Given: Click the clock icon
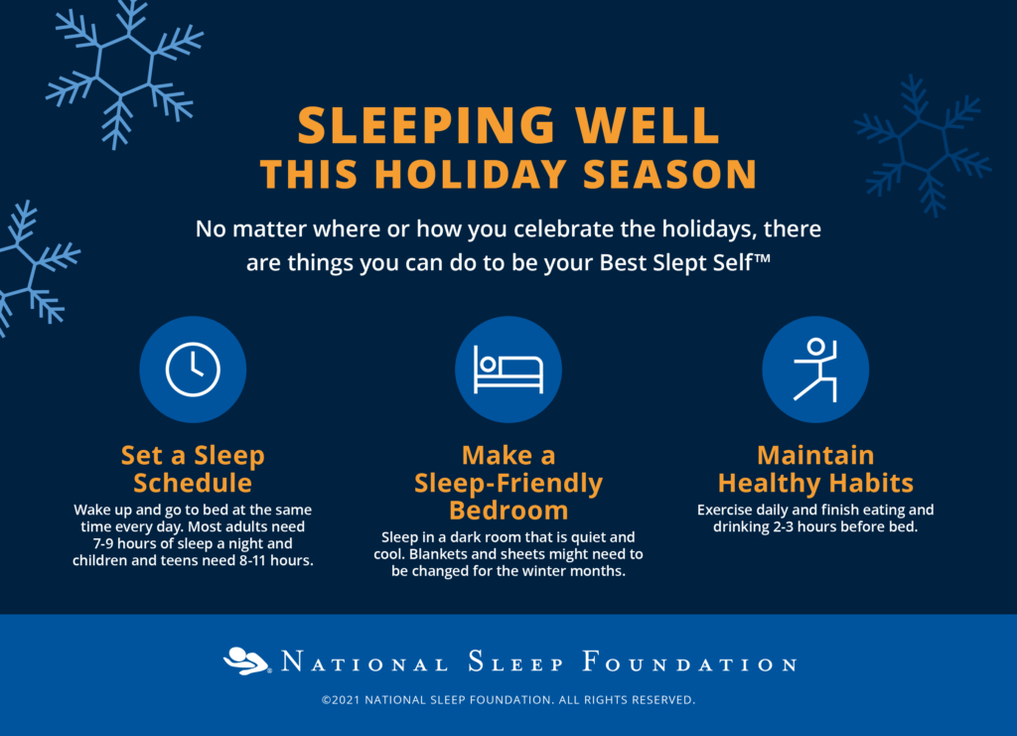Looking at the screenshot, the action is (193, 368).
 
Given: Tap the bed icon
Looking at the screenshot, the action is (508, 369).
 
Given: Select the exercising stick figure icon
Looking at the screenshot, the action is (816, 369).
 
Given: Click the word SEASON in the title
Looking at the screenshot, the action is (670, 174).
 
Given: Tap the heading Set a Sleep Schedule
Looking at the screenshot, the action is (193, 469).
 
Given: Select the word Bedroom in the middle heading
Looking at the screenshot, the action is (508, 511).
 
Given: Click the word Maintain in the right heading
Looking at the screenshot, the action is (815, 455).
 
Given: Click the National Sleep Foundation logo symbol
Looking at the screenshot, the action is (246, 661).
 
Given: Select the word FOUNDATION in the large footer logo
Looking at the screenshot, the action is (689, 662).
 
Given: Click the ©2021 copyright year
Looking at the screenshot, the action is (342, 699).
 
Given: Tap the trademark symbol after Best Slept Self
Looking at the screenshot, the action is (763, 257).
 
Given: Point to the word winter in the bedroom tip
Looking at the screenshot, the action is (542, 571).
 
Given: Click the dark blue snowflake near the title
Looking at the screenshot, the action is (923, 146).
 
